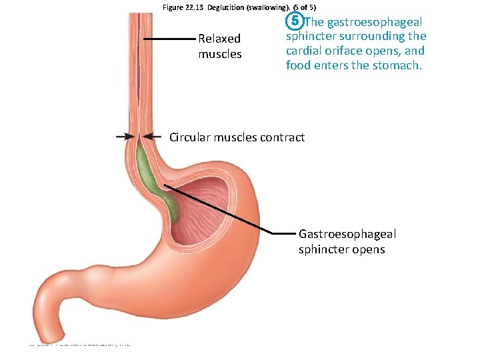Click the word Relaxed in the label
coord(219,39)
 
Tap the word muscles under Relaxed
coord(220,53)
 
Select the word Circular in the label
coord(191,137)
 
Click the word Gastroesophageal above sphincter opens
coord(347,234)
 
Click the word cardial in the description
coord(305,51)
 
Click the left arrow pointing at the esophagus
coord(125,136)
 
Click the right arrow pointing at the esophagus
coord(153,136)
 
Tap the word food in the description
coord(298,65)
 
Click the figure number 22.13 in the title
coord(196,7)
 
